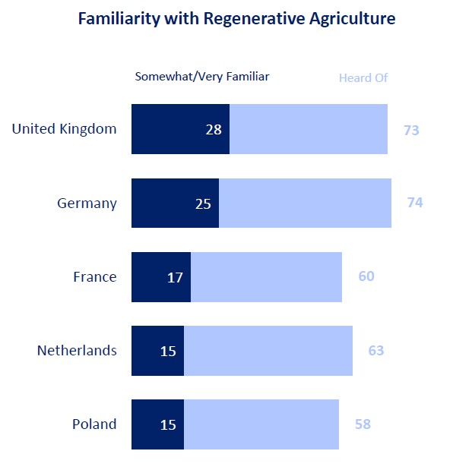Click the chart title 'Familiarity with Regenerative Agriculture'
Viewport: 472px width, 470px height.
[x=236, y=19]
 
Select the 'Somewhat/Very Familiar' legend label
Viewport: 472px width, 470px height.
[x=202, y=77]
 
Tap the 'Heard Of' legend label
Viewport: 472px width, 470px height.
[x=363, y=77]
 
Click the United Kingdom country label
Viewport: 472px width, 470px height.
[x=64, y=129]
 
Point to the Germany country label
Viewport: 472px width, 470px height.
[x=87, y=203]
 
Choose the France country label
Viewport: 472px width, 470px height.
[x=94, y=277]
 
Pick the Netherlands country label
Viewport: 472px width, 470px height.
[x=77, y=351]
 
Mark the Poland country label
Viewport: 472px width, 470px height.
[x=94, y=424]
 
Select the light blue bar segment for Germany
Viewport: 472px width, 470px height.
[x=305, y=203]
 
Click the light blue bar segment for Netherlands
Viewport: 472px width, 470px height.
[x=268, y=351]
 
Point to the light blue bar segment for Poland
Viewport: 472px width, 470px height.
[x=261, y=424]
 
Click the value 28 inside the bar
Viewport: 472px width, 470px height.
[x=214, y=129]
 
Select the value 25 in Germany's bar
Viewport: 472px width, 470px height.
[x=203, y=203]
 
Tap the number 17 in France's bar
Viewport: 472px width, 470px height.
[x=175, y=277]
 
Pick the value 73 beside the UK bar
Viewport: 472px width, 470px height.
[x=411, y=131]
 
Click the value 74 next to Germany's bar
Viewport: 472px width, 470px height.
[x=414, y=203]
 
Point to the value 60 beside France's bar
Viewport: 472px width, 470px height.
[x=366, y=276]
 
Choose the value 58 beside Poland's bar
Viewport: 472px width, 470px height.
[x=363, y=424]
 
